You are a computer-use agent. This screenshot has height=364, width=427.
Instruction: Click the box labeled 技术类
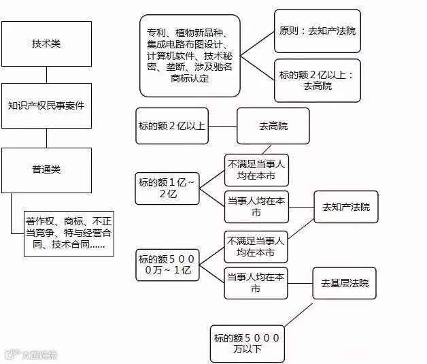tap(46, 44)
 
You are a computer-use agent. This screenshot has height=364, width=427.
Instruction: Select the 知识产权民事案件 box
tap(46, 106)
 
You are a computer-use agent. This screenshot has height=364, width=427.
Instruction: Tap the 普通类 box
tap(46, 169)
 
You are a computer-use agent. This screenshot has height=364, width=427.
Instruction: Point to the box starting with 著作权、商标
tap(65, 232)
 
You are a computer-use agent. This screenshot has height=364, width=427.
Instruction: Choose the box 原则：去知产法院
tap(317, 31)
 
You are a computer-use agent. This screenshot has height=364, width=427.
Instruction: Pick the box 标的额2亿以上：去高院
tap(317, 80)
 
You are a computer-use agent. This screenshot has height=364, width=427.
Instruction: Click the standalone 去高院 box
tap(273, 126)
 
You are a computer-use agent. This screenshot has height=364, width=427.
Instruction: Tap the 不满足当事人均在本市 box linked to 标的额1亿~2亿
tap(256, 170)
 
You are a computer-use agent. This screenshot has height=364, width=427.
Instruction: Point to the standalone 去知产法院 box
tap(346, 206)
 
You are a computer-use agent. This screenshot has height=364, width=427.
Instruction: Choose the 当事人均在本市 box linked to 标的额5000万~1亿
tap(256, 282)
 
